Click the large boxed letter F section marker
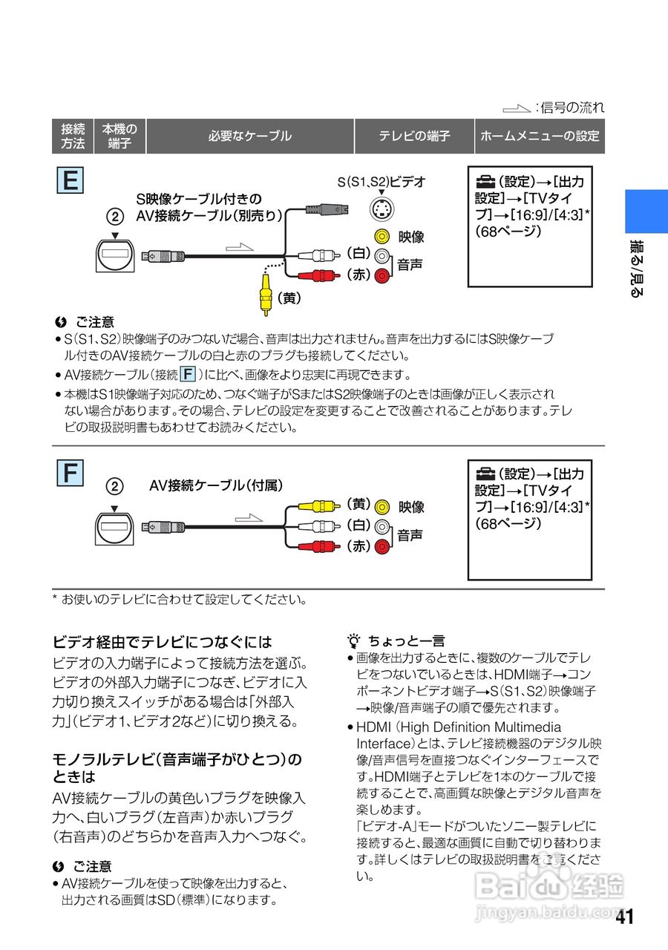71,473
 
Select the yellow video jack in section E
382,237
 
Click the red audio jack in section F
382,548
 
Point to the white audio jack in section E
382,256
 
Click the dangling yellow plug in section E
265,292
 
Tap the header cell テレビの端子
414,137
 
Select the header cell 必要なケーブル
250,137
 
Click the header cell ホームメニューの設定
540,137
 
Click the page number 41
624,917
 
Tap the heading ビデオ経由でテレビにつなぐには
163,642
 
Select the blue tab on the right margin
646,212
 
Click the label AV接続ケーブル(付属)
217,485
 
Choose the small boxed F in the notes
189,373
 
